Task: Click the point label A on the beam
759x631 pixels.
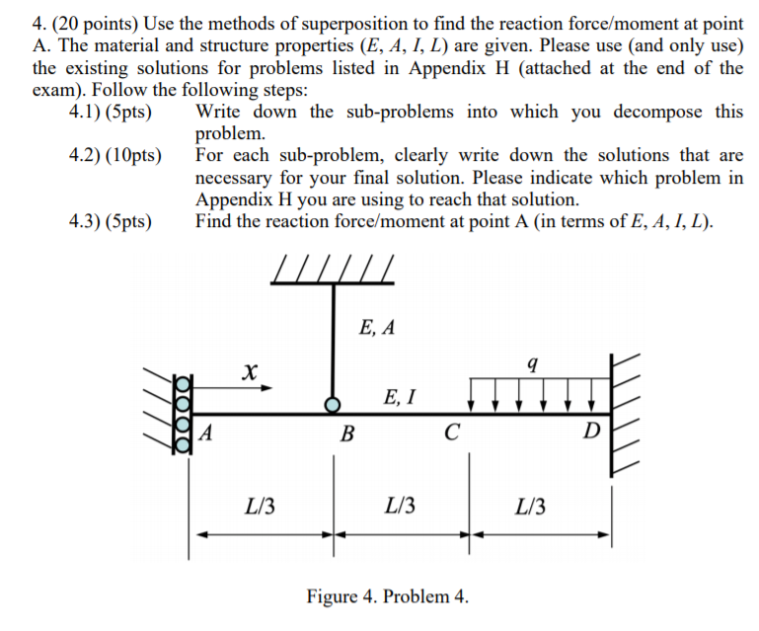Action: click(x=206, y=432)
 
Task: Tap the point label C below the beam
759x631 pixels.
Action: click(x=451, y=432)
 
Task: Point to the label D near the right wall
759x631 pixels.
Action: click(x=590, y=431)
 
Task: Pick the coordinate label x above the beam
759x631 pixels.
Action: click(x=250, y=372)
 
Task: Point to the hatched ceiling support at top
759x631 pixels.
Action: click(x=334, y=269)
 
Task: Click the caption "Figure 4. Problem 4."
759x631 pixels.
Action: click(x=388, y=596)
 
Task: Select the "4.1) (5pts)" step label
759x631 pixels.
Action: click(x=111, y=112)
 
